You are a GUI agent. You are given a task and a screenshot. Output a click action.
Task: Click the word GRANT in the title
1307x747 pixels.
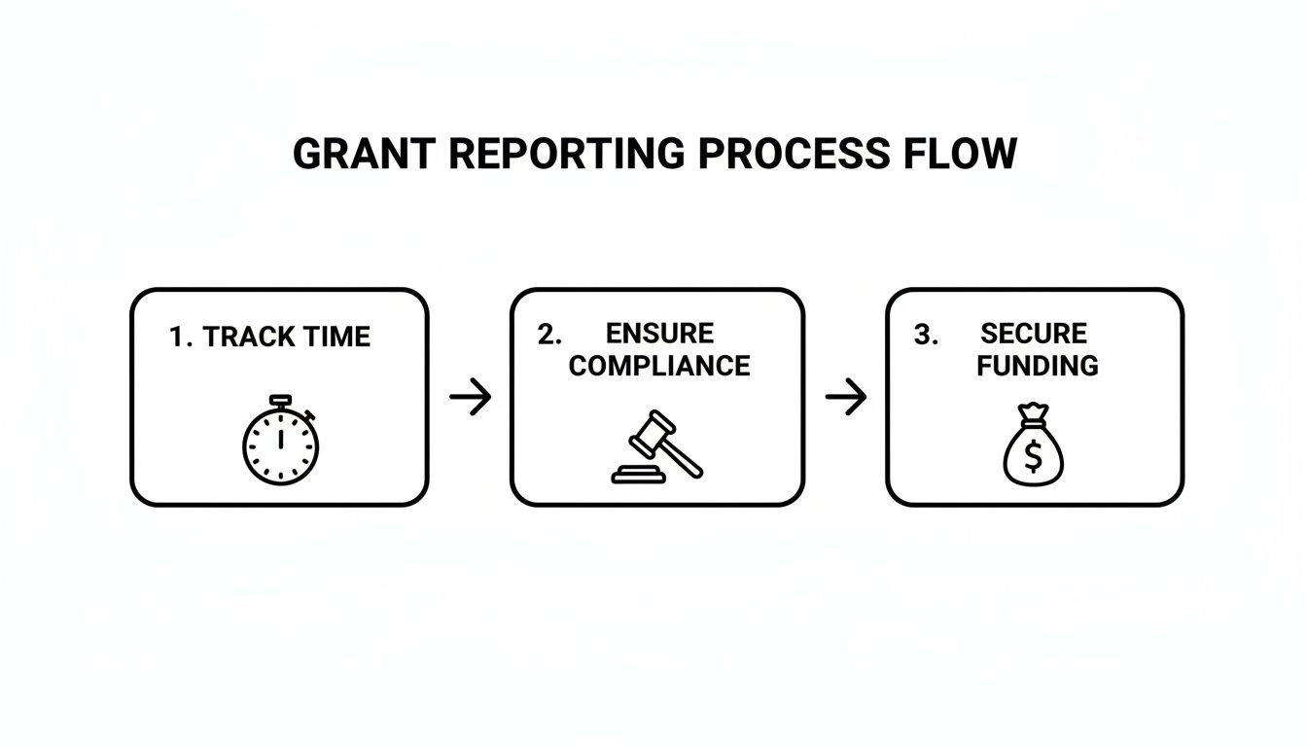[x=354, y=155]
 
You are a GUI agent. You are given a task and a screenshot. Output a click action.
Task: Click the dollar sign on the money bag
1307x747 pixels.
[x=1034, y=455]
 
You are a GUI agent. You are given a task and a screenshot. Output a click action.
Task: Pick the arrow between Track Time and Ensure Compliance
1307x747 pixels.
[x=471, y=397]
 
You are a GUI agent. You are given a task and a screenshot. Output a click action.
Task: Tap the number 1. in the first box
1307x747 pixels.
[x=181, y=338]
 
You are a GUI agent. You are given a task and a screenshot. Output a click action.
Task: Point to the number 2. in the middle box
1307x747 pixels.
[x=549, y=335]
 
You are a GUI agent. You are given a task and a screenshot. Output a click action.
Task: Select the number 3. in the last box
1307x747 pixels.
[x=926, y=335]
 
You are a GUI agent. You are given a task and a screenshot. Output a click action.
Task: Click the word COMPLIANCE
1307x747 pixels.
[x=659, y=367]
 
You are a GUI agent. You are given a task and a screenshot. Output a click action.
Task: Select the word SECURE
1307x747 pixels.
[x=1034, y=334]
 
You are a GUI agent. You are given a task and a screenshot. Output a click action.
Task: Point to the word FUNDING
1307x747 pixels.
[x=1038, y=367]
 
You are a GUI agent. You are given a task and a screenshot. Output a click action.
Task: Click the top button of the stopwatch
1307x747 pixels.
[x=280, y=399]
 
